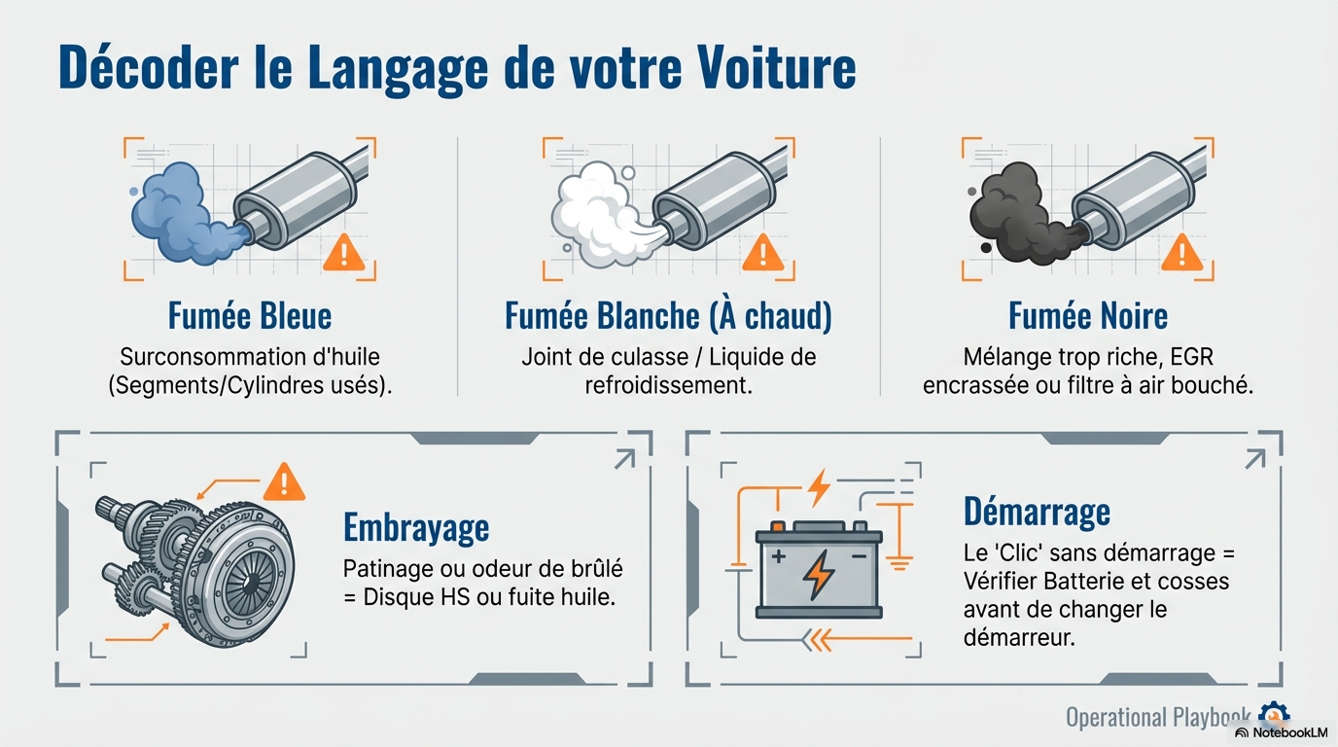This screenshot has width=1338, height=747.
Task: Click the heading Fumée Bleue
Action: click(x=250, y=315)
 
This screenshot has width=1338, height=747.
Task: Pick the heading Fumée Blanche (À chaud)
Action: click(x=668, y=315)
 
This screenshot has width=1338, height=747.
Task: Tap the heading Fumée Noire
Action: click(x=1088, y=315)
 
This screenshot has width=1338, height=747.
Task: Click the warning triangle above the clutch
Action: click(x=284, y=481)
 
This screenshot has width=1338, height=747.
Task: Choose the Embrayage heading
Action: click(x=416, y=528)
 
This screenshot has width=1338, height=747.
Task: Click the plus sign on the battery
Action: click(x=779, y=556)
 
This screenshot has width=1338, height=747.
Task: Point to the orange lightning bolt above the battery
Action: click(x=820, y=485)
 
